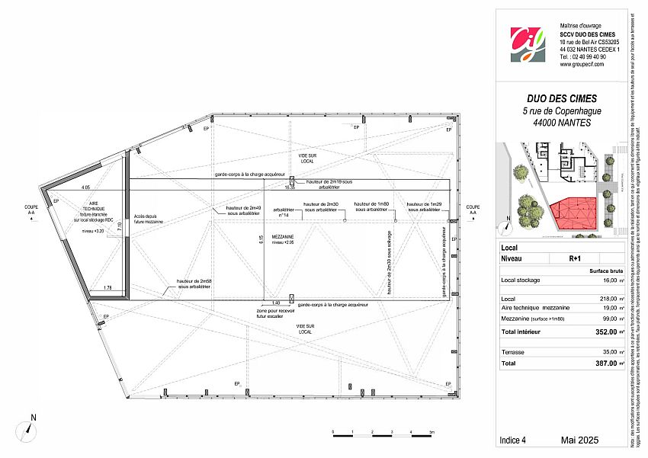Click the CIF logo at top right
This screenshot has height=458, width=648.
tap(528, 43)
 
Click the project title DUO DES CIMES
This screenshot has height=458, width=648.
tap(562, 98)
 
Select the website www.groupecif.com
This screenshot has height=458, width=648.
tap(582, 65)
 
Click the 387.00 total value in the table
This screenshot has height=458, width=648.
tap(605, 364)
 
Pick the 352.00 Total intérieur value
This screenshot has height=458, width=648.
tap(605, 331)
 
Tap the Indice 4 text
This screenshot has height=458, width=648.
tap(513, 440)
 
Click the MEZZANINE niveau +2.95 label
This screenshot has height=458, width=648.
tap(283, 240)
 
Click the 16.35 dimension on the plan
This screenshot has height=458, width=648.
tap(290, 187)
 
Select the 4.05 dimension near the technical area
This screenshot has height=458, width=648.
tap(85, 187)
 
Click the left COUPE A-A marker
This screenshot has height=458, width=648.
tap(31, 210)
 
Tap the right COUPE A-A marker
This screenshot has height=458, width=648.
tap(473, 210)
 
